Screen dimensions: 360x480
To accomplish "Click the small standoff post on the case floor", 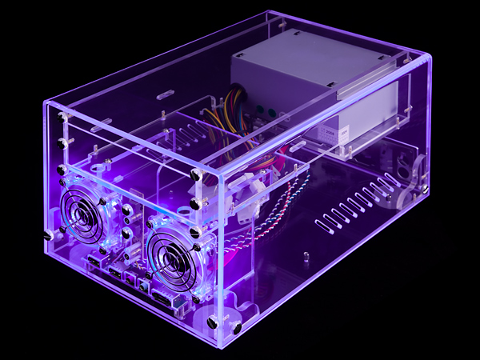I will [306, 258].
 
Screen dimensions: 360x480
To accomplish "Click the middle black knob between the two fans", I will [127, 232].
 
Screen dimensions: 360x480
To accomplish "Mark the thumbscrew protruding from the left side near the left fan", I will [46, 235].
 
